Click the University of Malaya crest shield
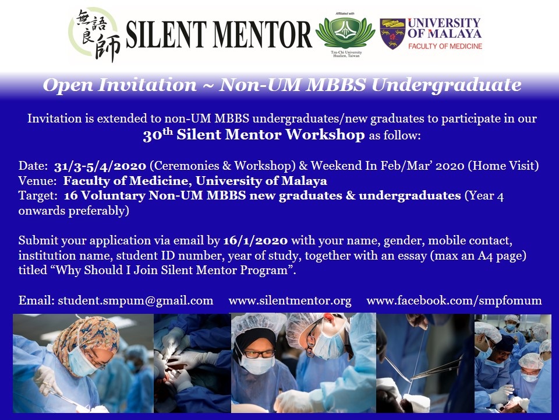pyautogui.click(x=392, y=34)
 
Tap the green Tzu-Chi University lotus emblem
pyautogui.click(x=345, y=33)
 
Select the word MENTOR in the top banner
pyautogui.click(x=263, y=34)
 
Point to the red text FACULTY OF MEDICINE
pyautogui.click(x=445, y=46)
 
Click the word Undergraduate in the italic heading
pyautogui.click(x=447, y=85)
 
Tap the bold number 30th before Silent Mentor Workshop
pyautogui.click(x=158, y=135)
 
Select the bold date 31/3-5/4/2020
pyautogui.click(x=100, y=166)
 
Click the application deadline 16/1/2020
pyautogui.click(x=255, y=240)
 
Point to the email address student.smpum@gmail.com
pyautogui.click(x=136, y=300)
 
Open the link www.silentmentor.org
pyautogui.click(x=290, y=301)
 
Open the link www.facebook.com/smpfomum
pyautogui.click(x=454, y=300)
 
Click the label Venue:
pyautogui.click(x=37, y=181)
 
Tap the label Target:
pyautogui.click(x=38, y=196)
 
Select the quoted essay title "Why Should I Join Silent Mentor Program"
pyautogui.click(x=171, y=270)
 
